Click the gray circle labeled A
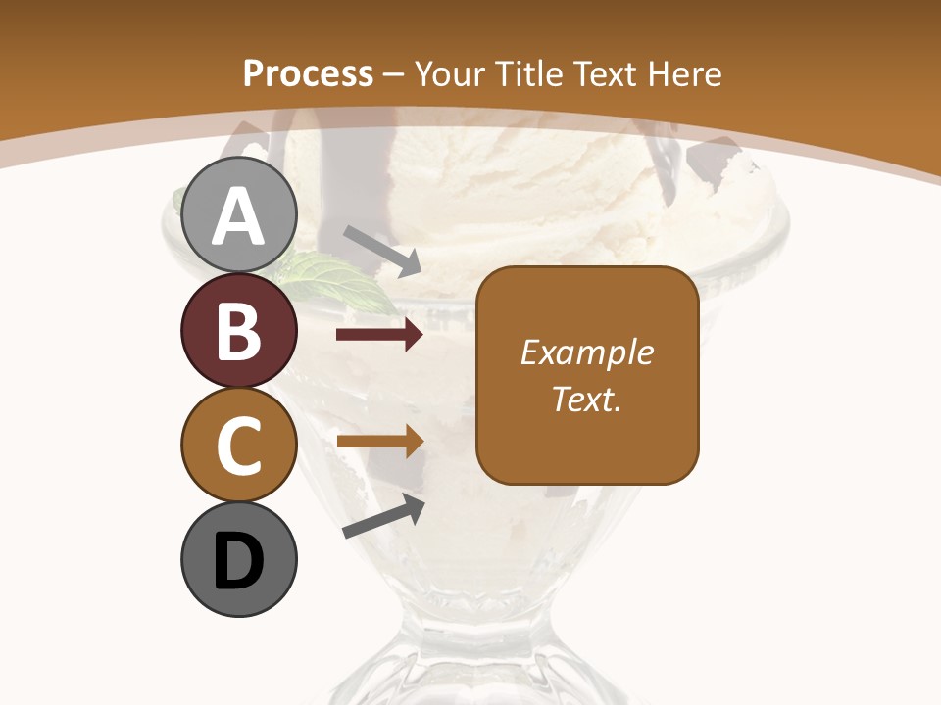pyautogui.click(x=238, y=214)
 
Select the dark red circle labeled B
pyautogui.click(x=238, y=330)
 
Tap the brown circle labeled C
pyautogui.click(x=238, y=445)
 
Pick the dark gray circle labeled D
pyautogui.click(x=238, y=559)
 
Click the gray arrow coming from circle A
pyautogui.click(x=382, y=250)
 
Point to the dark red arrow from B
pyautogui.click(x=379, y=335)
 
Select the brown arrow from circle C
pyautogui.click(x=379, y=442)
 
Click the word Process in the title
pyautogui.click(x=308, y=73)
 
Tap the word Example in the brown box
pyautogui.click(x=586, y=352)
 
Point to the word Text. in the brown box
pyautogui.click(x=586, y=399)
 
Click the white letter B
pyautogui.click(x=238, y=331)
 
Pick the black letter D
pyautogui.click(x=238, y=560)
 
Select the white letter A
pyautogui.click(x=238, y=215)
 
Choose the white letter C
pyautogui.click(x=238, y=446)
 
